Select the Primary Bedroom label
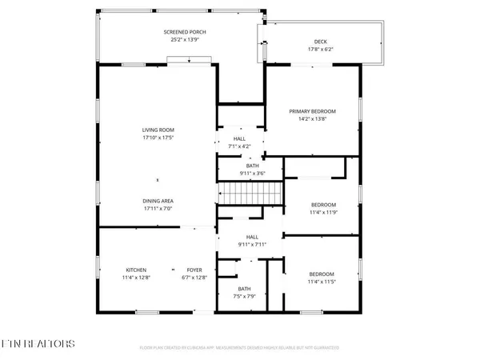pos(313,111)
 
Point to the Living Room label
pos(158,130)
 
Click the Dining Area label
pos(158,201)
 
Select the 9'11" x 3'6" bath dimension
pos(252,174)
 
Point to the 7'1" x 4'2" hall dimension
pos(240,146)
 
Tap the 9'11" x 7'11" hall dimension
pos(252,244)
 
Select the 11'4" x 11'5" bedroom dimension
pos(322,282)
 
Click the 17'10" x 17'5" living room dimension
pos(158,138)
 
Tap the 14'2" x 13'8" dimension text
pos(313,119)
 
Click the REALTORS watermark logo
pos(38,344)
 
